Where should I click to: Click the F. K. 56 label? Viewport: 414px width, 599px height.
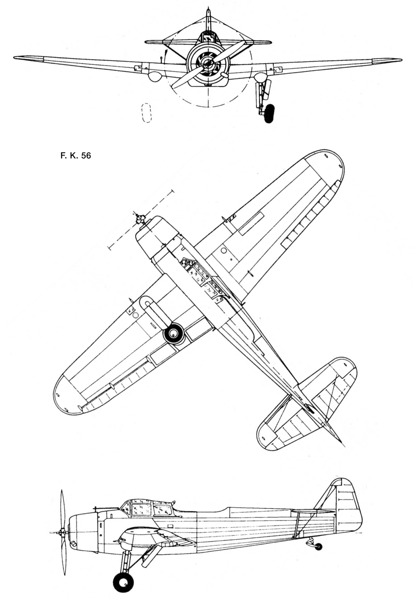pos(76,156)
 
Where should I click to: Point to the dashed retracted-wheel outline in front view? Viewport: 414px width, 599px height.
pos(147,112)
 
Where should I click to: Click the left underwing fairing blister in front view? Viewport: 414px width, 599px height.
pos(154,77)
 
